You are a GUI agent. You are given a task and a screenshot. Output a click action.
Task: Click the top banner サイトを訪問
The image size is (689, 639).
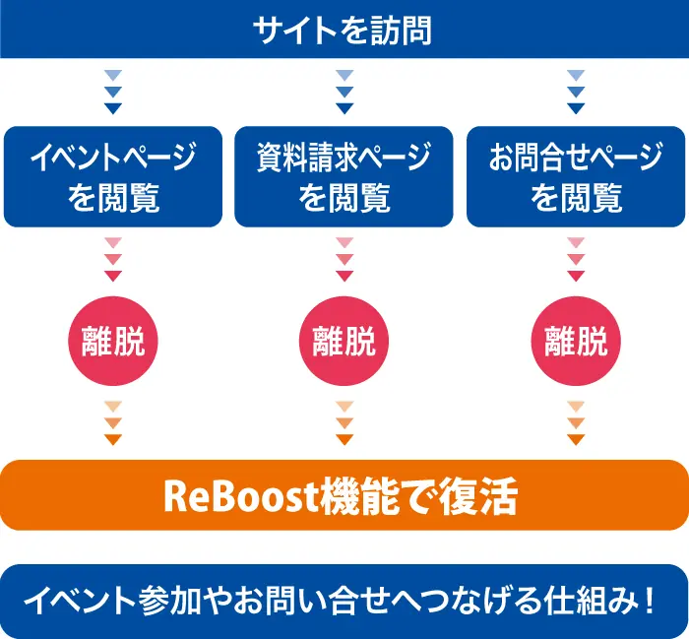point(344,30)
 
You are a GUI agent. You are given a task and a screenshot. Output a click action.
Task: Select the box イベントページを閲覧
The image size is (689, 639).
point(113,177)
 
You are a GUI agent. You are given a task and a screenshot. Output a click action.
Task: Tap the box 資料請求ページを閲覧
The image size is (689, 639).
point(344,177)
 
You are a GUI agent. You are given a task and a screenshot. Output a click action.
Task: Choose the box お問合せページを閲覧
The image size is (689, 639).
point(576,177)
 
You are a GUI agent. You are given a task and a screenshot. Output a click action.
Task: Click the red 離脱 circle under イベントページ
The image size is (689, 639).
point(113,342)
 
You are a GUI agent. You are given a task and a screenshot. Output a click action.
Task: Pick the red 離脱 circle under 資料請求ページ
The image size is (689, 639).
point(344,342)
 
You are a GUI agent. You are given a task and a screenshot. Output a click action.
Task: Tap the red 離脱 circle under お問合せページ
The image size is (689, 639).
point(576,342)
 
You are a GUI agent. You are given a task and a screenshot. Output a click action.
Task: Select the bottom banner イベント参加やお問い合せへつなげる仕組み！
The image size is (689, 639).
point(344,600)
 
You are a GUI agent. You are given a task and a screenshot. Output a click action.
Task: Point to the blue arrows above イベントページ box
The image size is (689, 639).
point(113,92)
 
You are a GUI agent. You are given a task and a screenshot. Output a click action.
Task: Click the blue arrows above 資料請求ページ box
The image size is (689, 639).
point(344,92)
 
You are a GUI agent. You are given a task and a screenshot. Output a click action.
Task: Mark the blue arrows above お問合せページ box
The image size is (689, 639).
point(576,92)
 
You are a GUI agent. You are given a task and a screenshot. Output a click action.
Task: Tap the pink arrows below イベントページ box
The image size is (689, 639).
point(113,259)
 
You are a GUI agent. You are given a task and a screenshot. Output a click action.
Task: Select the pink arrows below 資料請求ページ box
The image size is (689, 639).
point(344,259)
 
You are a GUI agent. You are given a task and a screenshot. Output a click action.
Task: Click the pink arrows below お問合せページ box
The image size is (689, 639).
point(576,259)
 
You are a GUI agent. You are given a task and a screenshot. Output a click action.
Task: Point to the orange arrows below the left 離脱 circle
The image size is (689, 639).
point(113,423)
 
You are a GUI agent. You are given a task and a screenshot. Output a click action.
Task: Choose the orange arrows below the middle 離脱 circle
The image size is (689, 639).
point(344,423)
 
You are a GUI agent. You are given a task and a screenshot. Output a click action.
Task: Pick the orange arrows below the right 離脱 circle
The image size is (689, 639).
point(576,423)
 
